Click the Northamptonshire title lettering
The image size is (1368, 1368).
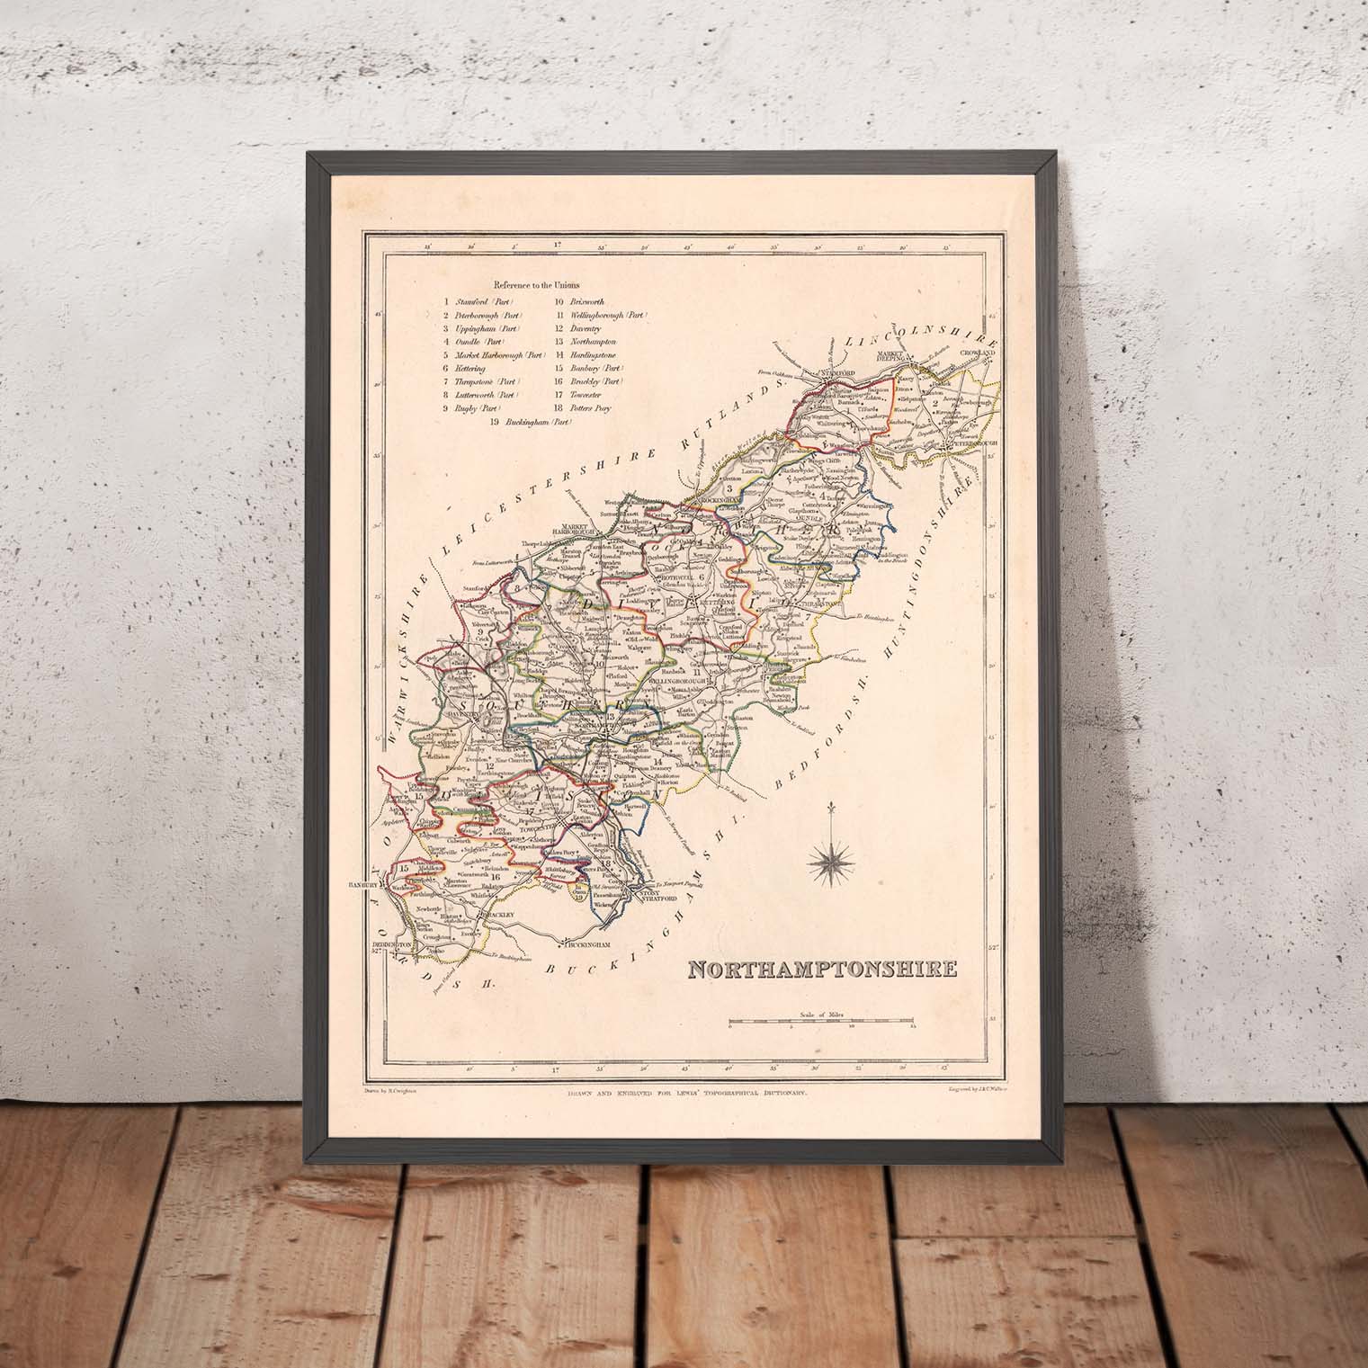coord(822,970)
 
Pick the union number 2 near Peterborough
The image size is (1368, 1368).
coord(936,404)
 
